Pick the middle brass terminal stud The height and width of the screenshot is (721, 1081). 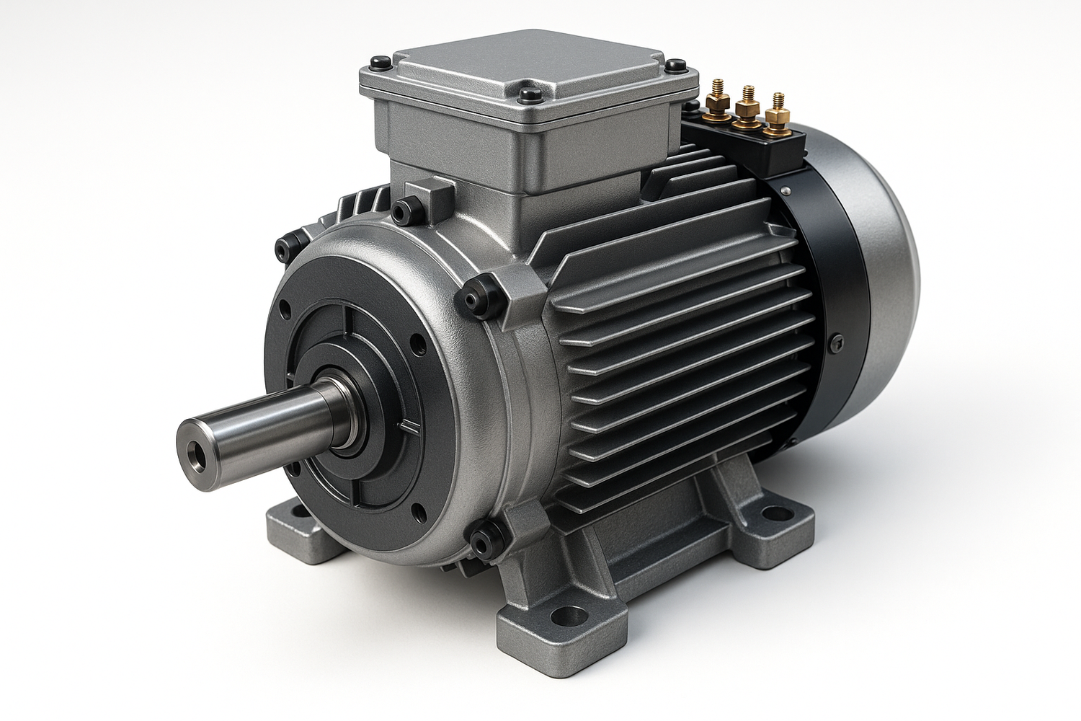(746, 108)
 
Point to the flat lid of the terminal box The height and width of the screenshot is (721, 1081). (530, 61)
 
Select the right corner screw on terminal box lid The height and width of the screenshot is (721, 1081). (675, 66)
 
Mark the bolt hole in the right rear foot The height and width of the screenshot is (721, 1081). (775, 514)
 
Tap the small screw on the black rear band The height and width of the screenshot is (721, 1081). (836, 343)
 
